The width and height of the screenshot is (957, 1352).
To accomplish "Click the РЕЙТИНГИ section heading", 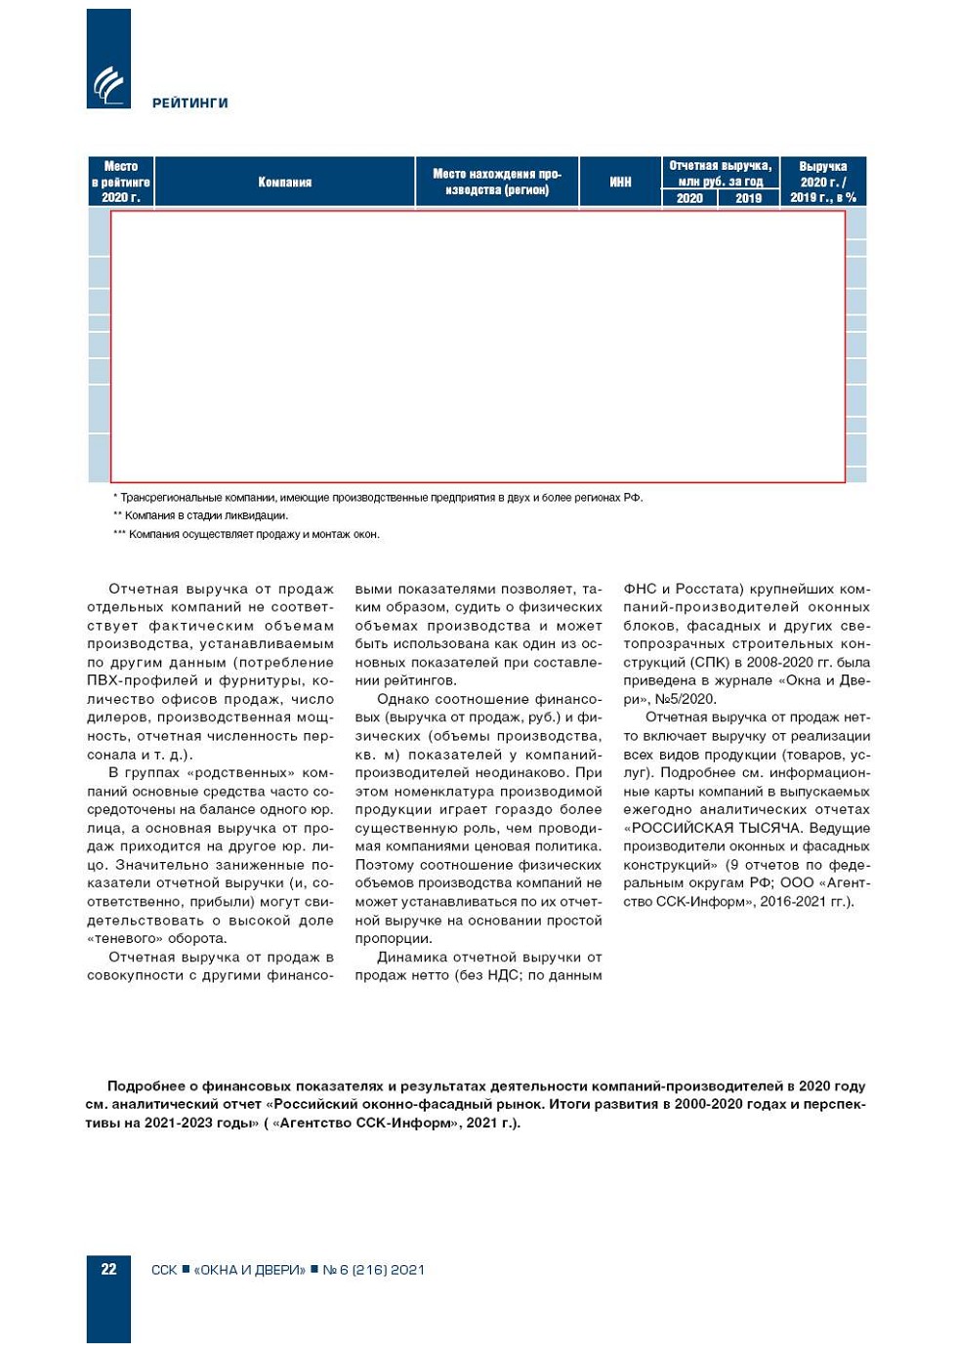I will click(x=190, y=102).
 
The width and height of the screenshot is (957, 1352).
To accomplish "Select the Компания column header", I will click(x=284, y=182).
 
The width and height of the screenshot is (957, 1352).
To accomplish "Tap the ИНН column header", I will click(x=620, y=182).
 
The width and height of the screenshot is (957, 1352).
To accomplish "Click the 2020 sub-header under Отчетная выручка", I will click(x=689, y=198).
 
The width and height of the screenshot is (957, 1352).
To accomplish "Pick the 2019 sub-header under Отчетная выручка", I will click(x=748, y=198).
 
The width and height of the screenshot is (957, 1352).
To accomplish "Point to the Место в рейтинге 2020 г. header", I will click(x=121, y=182).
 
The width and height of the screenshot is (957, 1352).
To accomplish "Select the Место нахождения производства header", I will click(x=497, y=182).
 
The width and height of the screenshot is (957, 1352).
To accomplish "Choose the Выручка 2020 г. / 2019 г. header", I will click(x=822, y=182).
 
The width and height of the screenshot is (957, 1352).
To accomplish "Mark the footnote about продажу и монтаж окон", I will click(x=248, y=534).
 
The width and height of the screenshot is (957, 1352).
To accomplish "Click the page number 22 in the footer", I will click(x=108, y=1269).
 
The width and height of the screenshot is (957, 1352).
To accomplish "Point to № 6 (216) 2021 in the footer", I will click(x=374, y=1270).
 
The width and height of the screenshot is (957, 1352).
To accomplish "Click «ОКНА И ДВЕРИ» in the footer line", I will click(x=249, y=1270).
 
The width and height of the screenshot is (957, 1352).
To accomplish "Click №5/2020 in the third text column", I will click(x=684, y=699).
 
